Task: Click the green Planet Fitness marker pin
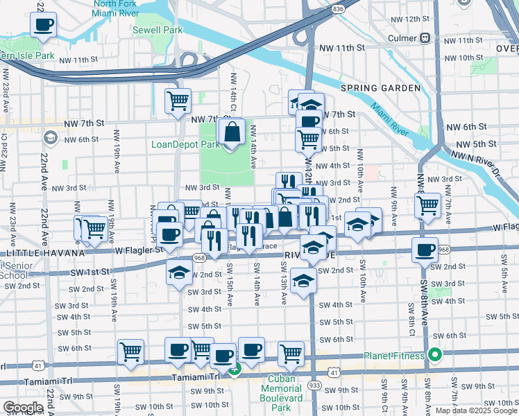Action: click(x=435, y=356)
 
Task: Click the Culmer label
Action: click(x=404, y=38)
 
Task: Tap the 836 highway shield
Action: click(x=338, y=8)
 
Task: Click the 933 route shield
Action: click(x=316, y=384)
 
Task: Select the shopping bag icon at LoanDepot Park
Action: click(x=232, y=132)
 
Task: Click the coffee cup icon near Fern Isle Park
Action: click(x=43, y=26)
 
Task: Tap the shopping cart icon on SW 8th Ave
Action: click(x=428, y=206)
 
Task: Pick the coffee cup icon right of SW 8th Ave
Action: click(x=424, y=250)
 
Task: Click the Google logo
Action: click(x=23, y=408)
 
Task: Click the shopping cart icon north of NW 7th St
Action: click(x=178, y=101)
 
